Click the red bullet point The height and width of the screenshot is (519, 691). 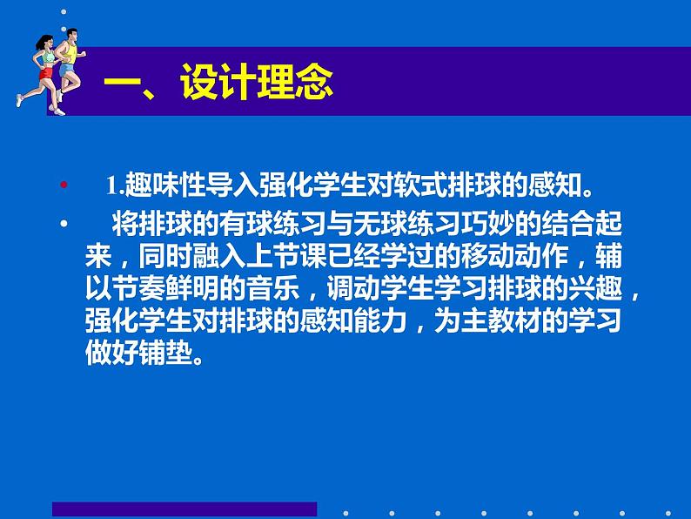63,185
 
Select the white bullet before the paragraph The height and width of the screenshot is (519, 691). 63,225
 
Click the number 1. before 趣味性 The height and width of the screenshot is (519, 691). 116,185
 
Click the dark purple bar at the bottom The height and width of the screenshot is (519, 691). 184,509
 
